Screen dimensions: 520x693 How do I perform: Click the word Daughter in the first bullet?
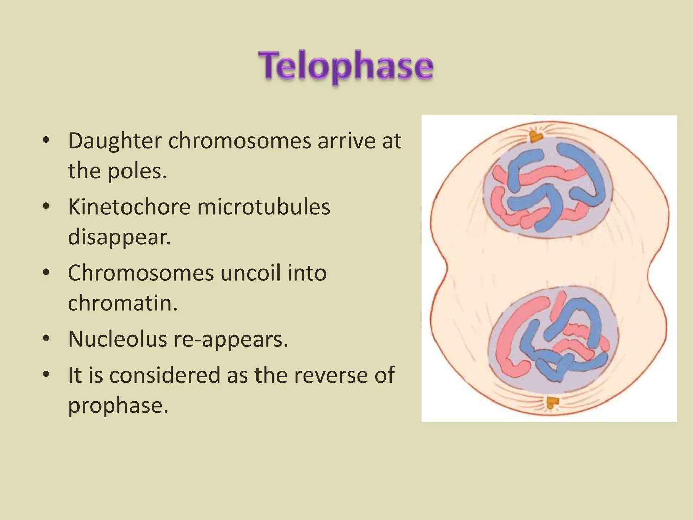114,141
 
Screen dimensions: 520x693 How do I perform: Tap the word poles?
137,171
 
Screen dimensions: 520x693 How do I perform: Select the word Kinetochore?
129,207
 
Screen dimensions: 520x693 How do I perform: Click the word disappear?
119,237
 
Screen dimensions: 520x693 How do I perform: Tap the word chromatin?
122,303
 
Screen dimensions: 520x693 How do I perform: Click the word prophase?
118,405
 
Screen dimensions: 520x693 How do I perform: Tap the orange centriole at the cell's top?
536,137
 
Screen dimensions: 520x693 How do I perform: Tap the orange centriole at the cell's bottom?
553,403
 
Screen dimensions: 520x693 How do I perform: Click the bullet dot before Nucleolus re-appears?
46,339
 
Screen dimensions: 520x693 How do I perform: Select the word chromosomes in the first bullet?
240,141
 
